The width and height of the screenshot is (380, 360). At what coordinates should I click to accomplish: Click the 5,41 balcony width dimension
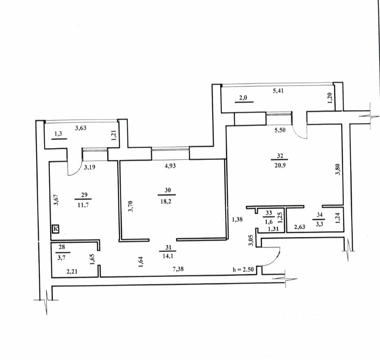pos(278,91)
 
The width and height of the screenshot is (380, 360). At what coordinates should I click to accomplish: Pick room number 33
pos(269,213)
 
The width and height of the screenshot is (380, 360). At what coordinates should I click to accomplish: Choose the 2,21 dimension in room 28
pos(72,271)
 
